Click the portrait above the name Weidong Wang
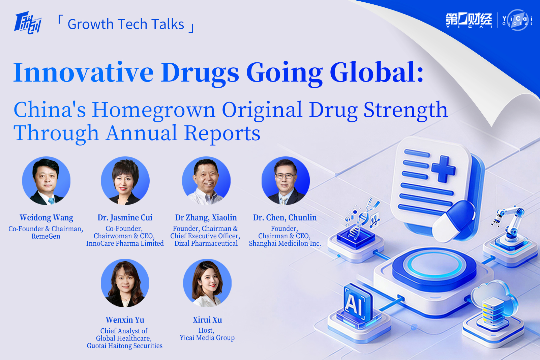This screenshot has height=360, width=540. click(x=46, y=181)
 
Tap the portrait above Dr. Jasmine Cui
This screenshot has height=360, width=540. click(x=125, y=181)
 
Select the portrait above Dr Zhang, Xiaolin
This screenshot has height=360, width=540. click(x=206, y=181)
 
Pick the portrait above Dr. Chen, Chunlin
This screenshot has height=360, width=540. click(x=286, y=181)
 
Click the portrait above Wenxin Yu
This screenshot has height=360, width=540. click(x=125, y=283)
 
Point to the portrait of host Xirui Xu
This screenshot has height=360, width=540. click(x=207, y=283)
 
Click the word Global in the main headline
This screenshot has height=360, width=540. click(x=377, y=73)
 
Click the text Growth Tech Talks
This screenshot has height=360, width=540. click(x=126, y=24)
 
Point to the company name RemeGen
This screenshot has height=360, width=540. click(x=46, y=236)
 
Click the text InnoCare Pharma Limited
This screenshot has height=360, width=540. click(x=125, y=243)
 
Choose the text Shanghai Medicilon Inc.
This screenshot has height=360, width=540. click(x=285, y=243)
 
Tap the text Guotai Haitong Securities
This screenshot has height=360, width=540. click(x=125, y=346)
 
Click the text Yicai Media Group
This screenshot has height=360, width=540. click(x=207, y=338)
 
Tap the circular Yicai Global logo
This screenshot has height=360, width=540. click(x=517, y=20)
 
